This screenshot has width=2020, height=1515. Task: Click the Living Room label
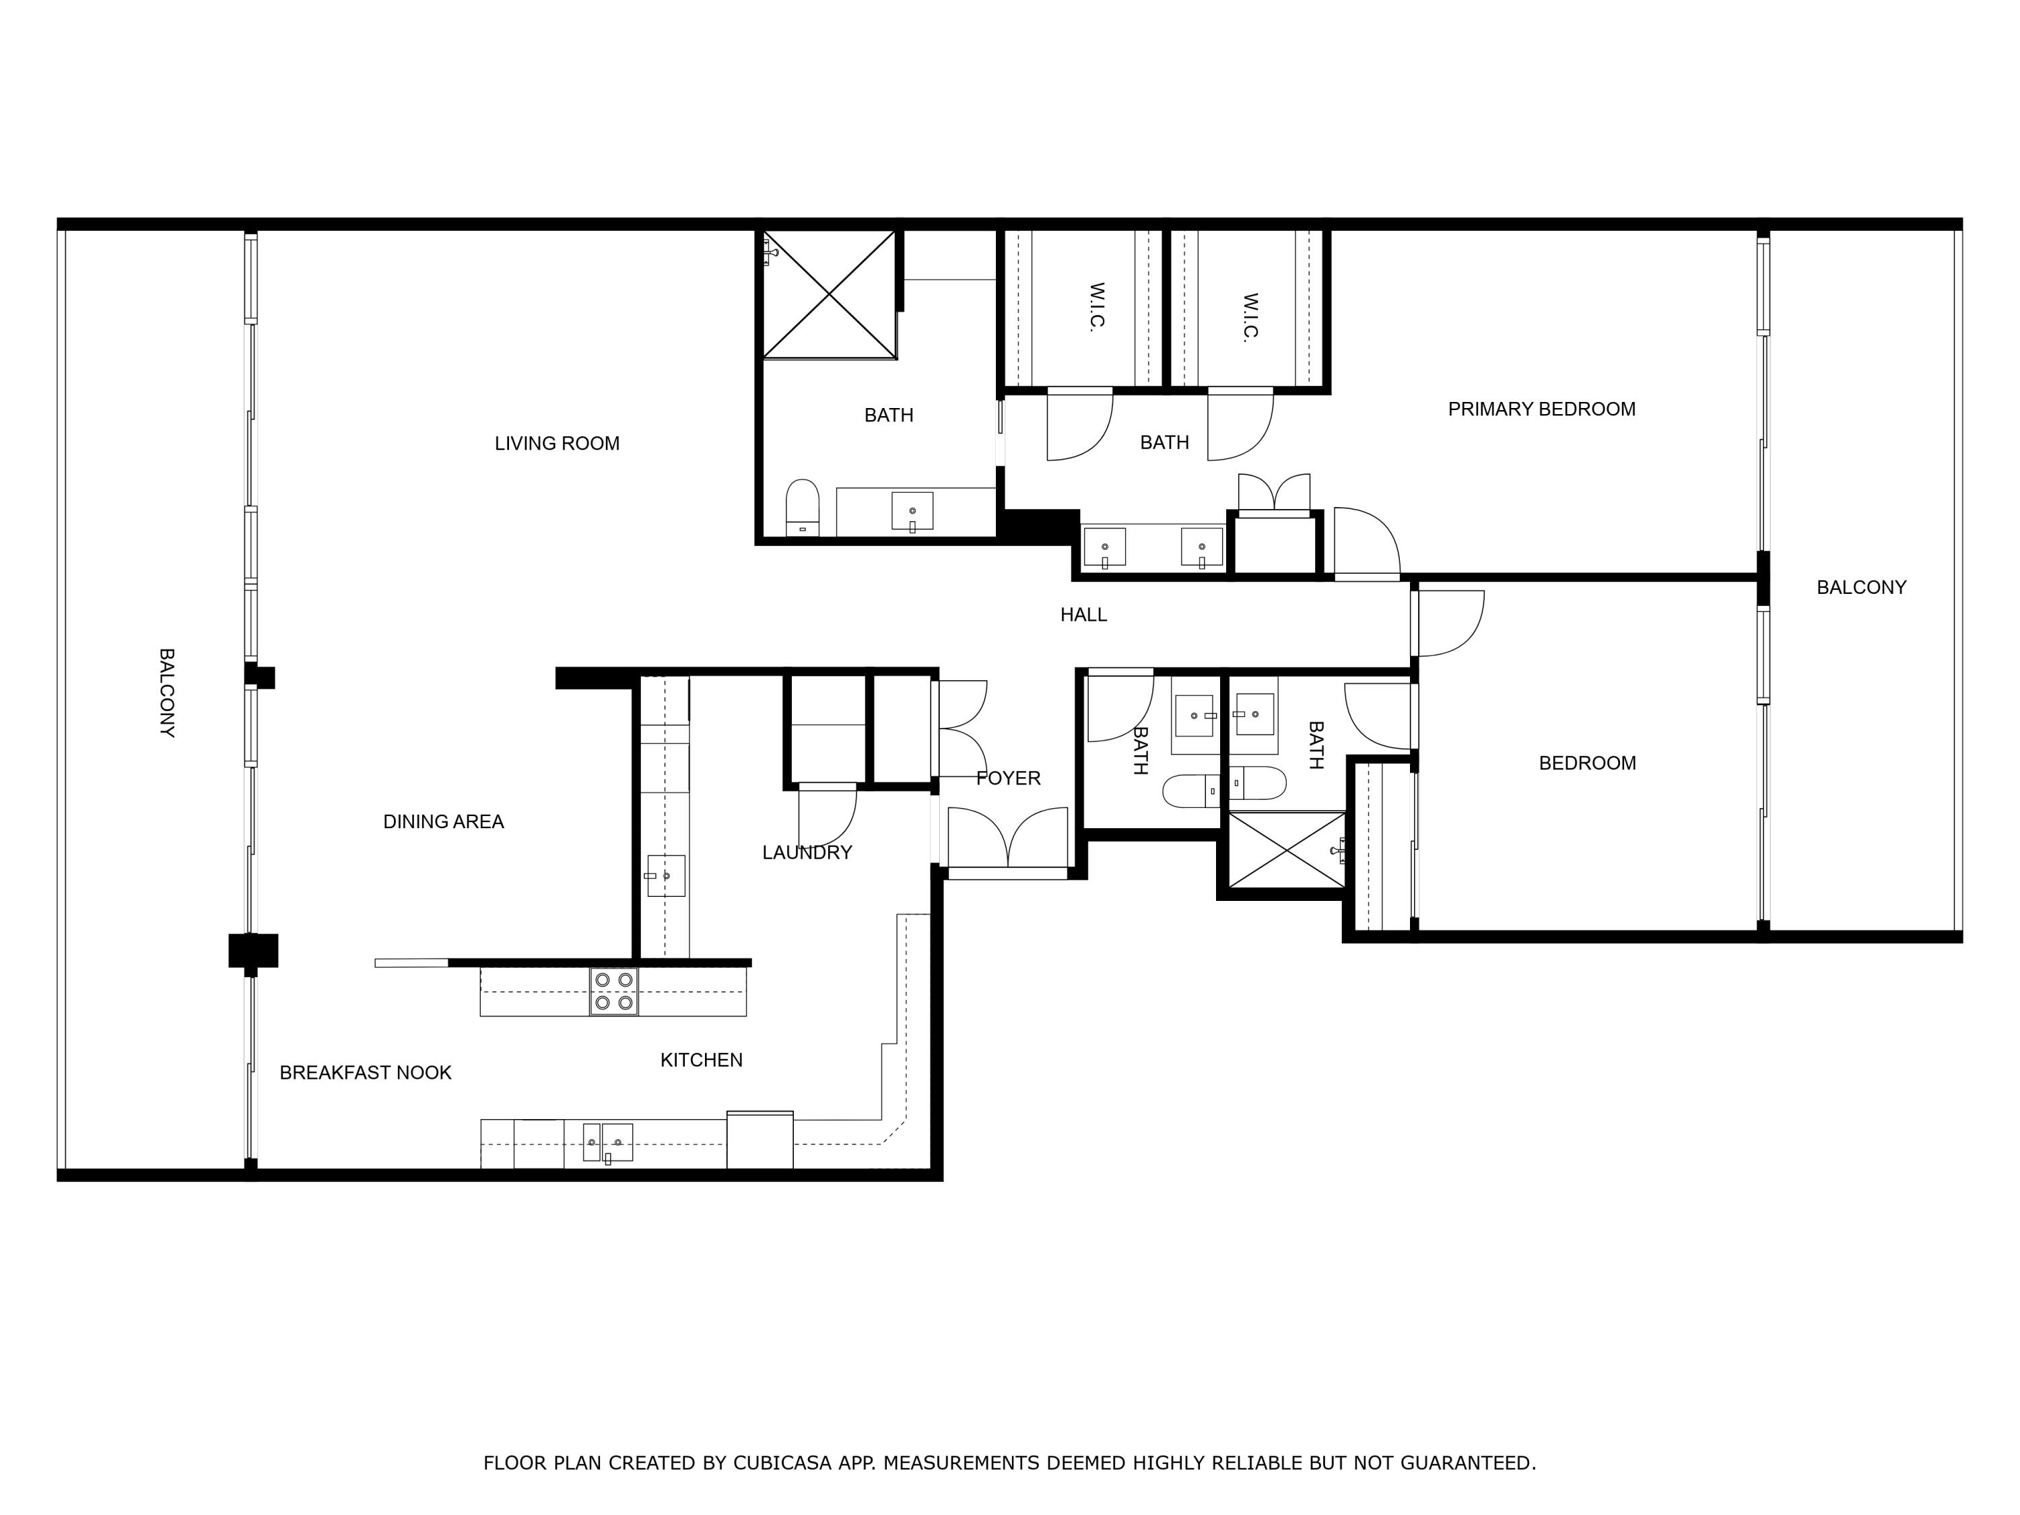point(557,444)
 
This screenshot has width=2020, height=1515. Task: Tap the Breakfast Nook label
point(365,1073)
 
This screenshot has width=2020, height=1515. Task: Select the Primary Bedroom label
point(1541,409)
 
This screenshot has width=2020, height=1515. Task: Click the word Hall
point(1083,615)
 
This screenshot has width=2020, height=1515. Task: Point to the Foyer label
point(1008,779)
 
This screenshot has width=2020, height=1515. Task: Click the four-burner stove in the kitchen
point(613,992)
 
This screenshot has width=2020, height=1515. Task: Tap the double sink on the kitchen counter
point(607,1143)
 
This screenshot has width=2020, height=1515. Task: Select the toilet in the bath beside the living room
point(803,508)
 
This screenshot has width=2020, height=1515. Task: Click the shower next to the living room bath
point(829,294)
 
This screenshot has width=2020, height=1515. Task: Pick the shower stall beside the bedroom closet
point(1286,850)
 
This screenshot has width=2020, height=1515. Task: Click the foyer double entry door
point(1007,840)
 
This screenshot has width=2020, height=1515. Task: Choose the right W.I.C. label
point(1250,317)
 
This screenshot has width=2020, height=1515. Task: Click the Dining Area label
point(443,822)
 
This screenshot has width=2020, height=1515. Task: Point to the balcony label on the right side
point(1861,588)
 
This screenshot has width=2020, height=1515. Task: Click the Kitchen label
point(702,1060)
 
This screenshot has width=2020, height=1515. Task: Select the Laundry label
point(807,853)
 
